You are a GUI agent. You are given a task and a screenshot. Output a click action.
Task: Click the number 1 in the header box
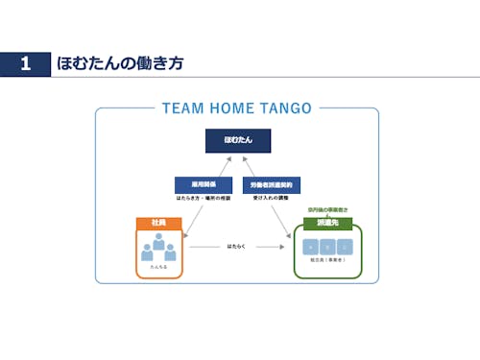click(25, 64)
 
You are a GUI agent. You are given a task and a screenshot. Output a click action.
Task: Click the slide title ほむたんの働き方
click(120, 64)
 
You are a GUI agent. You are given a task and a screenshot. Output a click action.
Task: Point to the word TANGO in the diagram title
click(284, 108)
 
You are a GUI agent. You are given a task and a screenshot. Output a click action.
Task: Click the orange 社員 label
click(159, 223)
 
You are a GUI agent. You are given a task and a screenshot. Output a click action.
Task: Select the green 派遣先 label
click(327, 223)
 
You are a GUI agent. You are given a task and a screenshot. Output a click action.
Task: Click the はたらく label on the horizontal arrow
click(236, 247)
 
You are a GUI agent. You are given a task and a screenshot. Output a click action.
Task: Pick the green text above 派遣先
click(327, 209)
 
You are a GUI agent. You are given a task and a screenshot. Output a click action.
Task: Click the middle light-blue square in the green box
click(327, 247)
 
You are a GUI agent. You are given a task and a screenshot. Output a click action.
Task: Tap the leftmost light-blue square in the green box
click(310, 247)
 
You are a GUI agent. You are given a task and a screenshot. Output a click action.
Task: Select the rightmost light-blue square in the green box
click(345, 247)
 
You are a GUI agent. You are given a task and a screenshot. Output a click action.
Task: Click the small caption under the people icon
click(158, 268)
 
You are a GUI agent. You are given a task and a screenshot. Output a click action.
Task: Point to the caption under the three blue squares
click(327, 262)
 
